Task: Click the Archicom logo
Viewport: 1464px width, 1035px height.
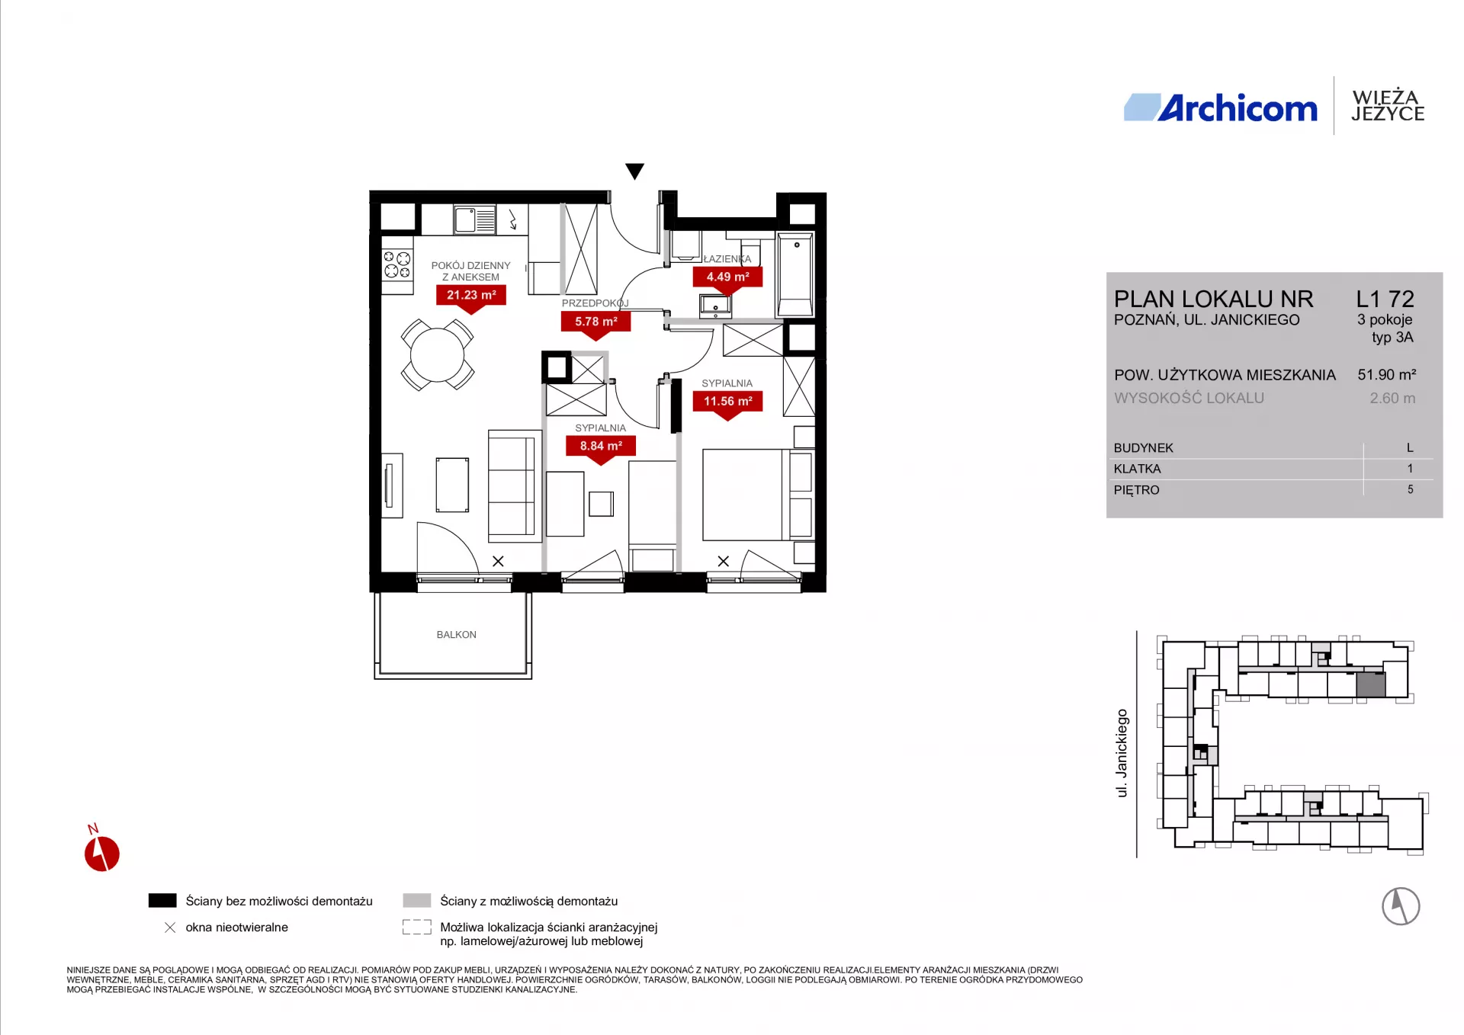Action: pyautogui.click(x=1220, y=108)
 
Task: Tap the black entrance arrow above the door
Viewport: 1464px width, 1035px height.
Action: pyautogui.click(x=634, y=171)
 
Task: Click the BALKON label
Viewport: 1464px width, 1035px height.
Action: pyautogui.click(x=456, y=634)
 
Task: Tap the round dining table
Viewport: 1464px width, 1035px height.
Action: pyautogui.click(x=437, y=354)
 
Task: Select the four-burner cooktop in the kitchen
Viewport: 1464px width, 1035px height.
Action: pyautogui.click(x=396, y=264)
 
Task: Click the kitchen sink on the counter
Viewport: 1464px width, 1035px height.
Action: pyautogui.click(x=474, y=219)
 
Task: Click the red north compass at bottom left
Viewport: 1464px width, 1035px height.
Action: pyautogui.click(x=101, y=851)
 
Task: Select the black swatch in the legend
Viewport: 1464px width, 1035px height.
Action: pyautogui.click(x=162, y=900)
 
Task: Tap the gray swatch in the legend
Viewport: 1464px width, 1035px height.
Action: pyautogui.click(x=417, y=900)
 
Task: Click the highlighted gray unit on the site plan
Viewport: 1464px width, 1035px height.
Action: pyautogui.click(x=1370, y=684)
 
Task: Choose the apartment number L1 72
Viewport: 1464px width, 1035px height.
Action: pyautogui.click(x=1385, y=299)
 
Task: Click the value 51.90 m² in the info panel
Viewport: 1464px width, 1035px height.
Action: pyautogui.click(x=1386, y=374)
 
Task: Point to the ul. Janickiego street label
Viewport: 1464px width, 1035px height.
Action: pyautogui.click(x=1122, y=753)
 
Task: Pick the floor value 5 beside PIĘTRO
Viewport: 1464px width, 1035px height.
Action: pyautogui.click(x=1410, y=489)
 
